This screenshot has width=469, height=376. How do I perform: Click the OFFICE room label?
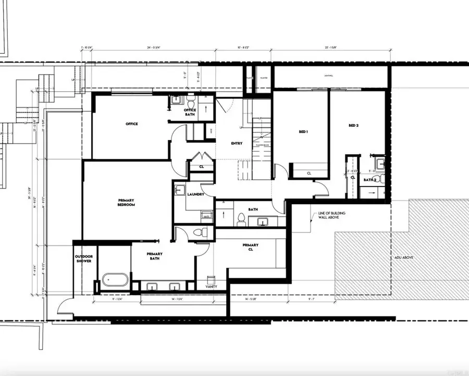131,124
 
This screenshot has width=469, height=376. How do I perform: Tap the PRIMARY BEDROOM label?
126,203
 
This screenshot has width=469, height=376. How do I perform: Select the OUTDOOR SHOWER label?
83,258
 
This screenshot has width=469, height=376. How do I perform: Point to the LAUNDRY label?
195,194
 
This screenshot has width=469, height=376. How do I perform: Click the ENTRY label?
237,144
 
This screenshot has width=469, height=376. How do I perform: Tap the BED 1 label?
304,132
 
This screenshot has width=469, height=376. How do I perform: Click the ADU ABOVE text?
404,257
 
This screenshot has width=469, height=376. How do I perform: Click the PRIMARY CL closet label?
251,247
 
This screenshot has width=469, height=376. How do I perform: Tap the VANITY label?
211,287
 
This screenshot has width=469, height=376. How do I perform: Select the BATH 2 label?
370,180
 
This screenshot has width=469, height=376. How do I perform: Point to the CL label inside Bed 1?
309,173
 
